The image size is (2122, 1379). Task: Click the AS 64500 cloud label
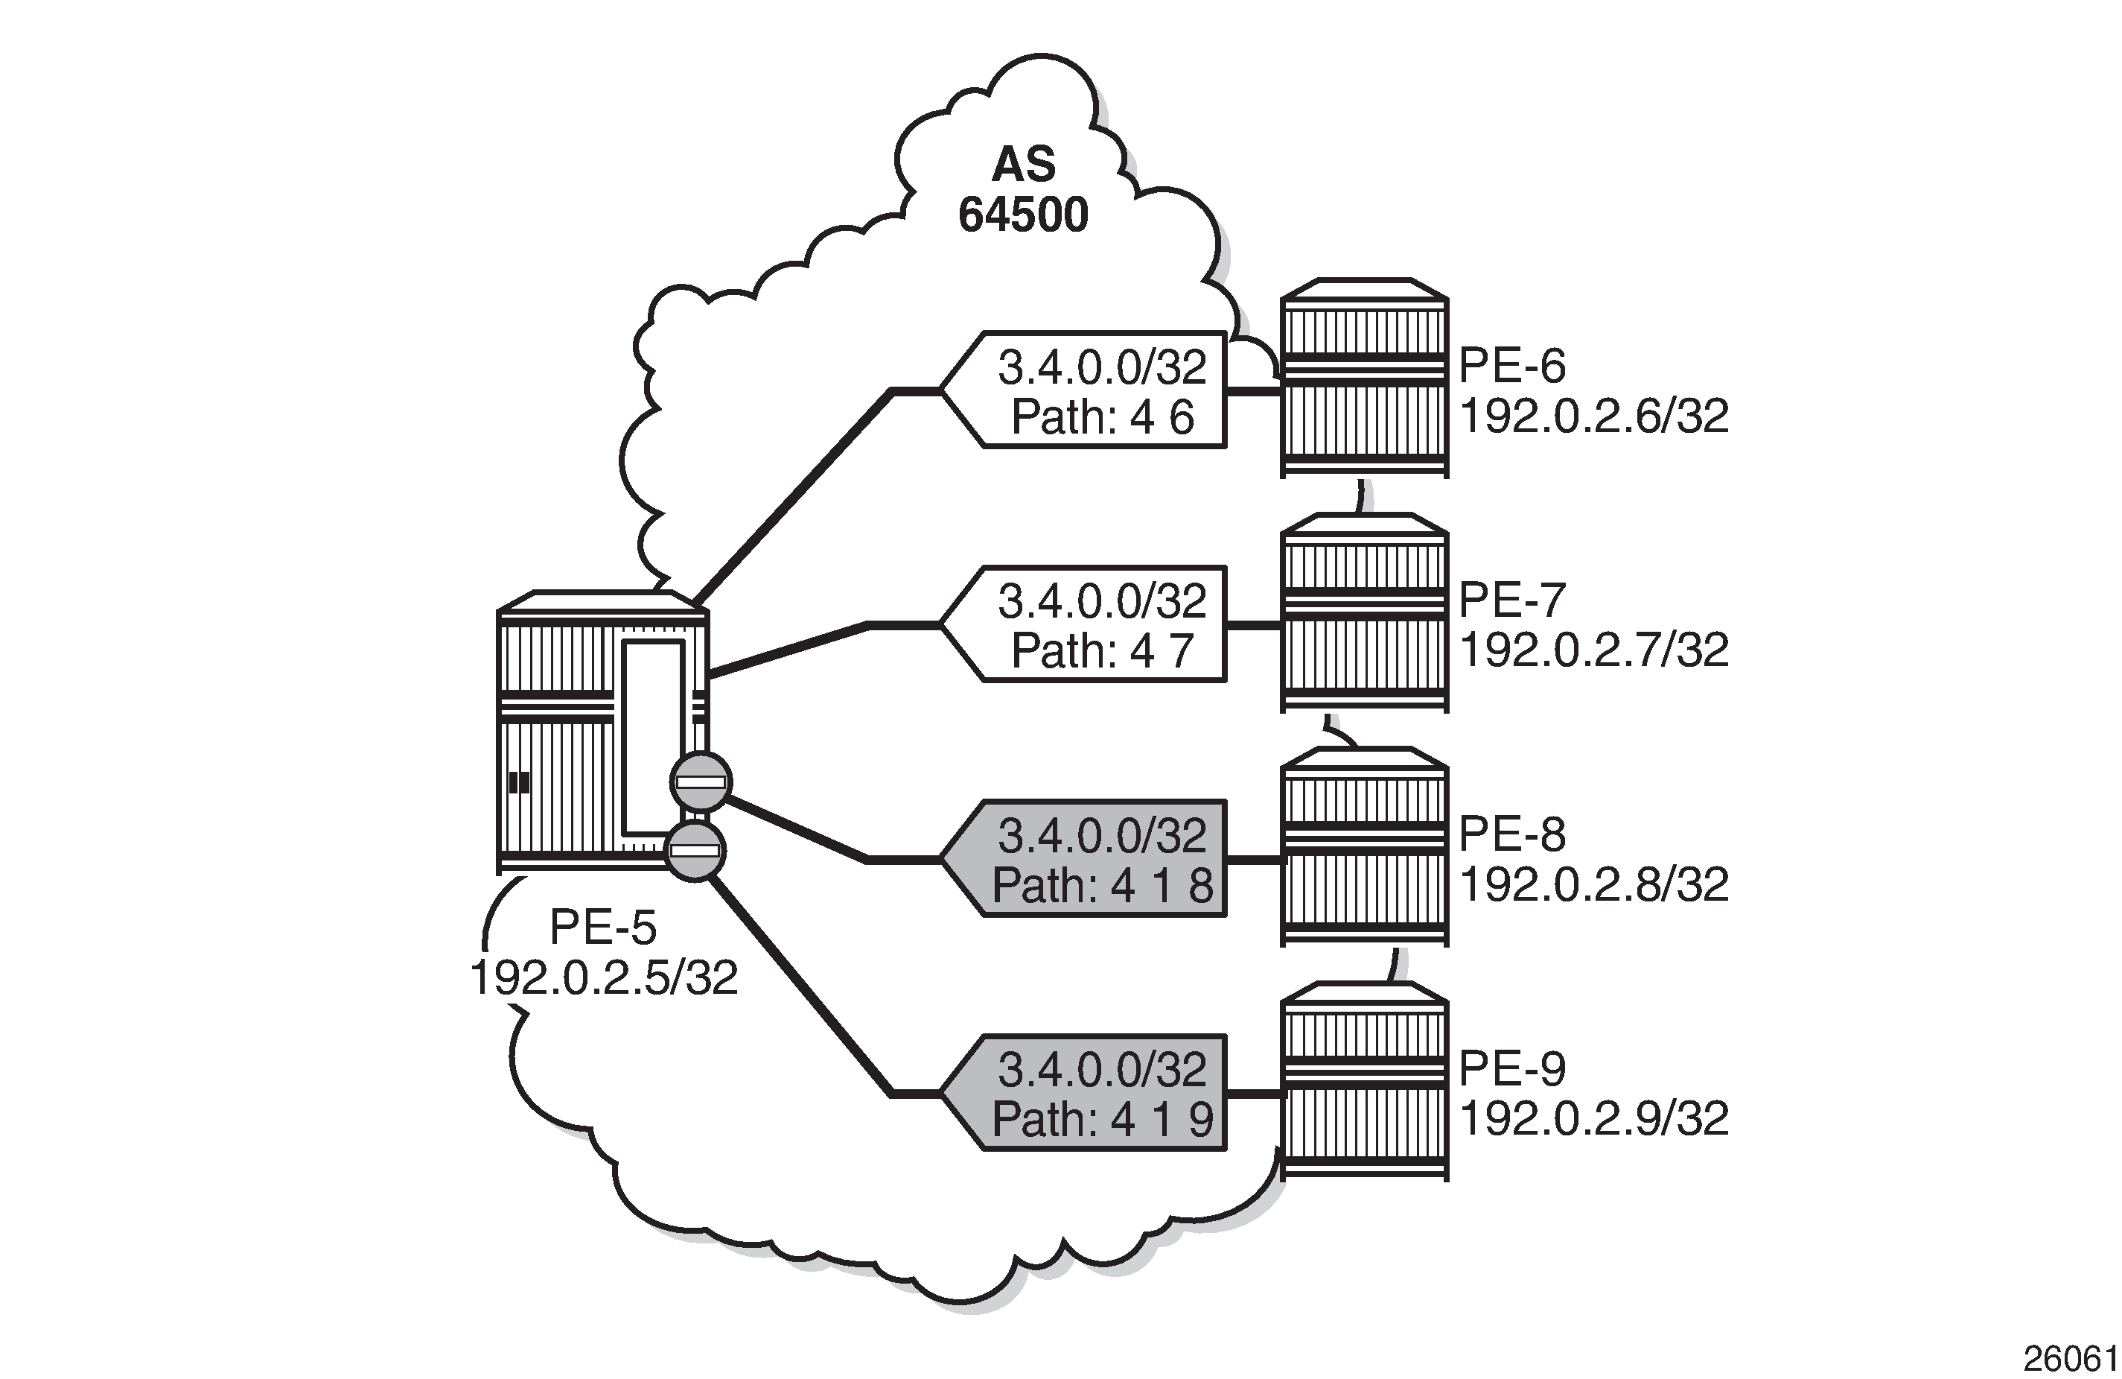click(1024, 190)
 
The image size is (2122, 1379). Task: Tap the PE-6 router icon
click(1364, 378)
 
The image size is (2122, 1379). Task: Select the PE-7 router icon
click(1364, 613)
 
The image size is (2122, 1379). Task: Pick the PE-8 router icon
click(1364, 846)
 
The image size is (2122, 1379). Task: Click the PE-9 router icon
click(1364, 1081)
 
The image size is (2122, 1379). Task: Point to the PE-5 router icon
click(602, 732)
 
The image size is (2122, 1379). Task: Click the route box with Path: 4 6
click(1084, 390)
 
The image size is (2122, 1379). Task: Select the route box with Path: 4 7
click(1084, 624)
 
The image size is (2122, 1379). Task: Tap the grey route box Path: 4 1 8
click(1084, 858)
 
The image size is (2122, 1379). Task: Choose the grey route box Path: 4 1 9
click(1084, 1093)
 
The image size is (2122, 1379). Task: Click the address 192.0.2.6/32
click(1594, 416)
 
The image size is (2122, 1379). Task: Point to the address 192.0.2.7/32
click(1594, 650)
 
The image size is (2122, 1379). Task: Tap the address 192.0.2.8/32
click(1594, 884)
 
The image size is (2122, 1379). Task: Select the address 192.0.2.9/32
click(1594, 1118)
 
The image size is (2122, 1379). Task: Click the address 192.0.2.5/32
click(604, 977)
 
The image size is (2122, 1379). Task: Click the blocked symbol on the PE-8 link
click(701, 782)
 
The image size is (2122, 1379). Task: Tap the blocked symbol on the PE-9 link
click(695, 850)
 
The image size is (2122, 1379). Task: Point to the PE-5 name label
click(604, 928)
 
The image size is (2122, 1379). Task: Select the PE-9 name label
click(1512, 1068)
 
